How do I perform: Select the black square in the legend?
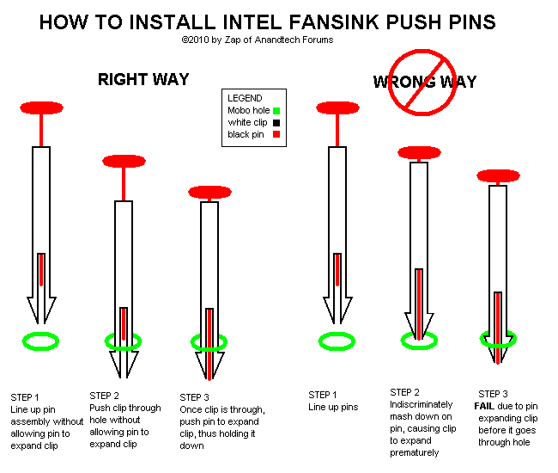click(276, 122)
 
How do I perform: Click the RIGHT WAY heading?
click(143, 80)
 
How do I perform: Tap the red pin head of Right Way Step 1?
click(42, 108)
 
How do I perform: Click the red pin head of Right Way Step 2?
click(124, 161)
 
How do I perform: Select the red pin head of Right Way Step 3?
click(210, 192)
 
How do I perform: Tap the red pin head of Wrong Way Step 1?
click(337, 108)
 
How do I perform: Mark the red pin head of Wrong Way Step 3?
click(498, 176)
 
